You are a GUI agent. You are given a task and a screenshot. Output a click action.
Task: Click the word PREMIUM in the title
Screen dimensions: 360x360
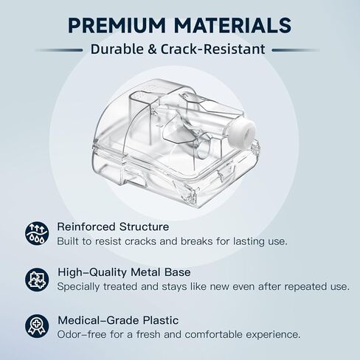tap(117, 25)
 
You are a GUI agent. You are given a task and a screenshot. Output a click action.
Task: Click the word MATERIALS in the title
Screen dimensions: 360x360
tap(233, 25)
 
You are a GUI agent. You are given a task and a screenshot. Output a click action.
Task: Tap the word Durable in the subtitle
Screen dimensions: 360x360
tap(117, 49)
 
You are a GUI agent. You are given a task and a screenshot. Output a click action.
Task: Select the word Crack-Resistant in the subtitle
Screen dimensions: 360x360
tap(213, 49)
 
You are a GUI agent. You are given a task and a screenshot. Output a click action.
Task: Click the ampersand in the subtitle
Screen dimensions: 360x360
tap(152, 49)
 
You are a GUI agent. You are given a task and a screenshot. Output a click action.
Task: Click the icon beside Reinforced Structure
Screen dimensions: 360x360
tap(37, 233)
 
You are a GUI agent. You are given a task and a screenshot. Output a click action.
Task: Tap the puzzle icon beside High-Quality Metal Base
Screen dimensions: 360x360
tap(37, 280)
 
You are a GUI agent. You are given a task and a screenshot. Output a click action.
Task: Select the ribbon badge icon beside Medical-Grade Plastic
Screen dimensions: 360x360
tap(37, 326)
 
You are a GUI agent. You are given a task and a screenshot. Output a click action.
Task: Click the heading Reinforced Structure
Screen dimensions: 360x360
tap(113, 226)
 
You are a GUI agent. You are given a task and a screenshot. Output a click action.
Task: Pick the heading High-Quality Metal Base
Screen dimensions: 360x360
tap(124, 272)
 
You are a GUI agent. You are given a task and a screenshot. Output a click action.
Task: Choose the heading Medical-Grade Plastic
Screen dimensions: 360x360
tap(118, 320)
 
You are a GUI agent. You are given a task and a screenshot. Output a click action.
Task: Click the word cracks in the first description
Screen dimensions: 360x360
tap(140, 241)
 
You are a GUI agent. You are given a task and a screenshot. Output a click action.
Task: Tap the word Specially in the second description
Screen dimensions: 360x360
tap(78, 287)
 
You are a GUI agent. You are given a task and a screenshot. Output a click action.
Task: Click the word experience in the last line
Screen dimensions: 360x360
tap(273, 335)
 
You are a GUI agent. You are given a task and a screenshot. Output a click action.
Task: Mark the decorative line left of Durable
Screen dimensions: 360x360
tap(59, 50)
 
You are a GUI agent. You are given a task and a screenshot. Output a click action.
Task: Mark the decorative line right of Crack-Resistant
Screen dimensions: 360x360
tap(296, 50)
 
